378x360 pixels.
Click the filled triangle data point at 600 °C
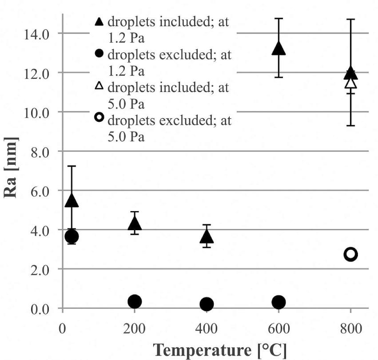(279, 48)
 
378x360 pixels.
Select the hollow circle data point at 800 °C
(350, 254)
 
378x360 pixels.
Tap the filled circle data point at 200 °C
(135, 302)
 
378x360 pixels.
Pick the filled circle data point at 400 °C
(207, 304)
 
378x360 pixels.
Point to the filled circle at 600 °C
(279, 302)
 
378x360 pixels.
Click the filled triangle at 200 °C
(135, 223)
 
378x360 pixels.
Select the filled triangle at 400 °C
(207, 236)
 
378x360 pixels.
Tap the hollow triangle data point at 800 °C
(350, 83)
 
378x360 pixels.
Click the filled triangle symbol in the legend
(99, 21)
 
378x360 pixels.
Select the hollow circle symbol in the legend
(99, 117)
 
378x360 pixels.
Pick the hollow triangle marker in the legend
(99, 86)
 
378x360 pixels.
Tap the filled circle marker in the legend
(99, 54)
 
